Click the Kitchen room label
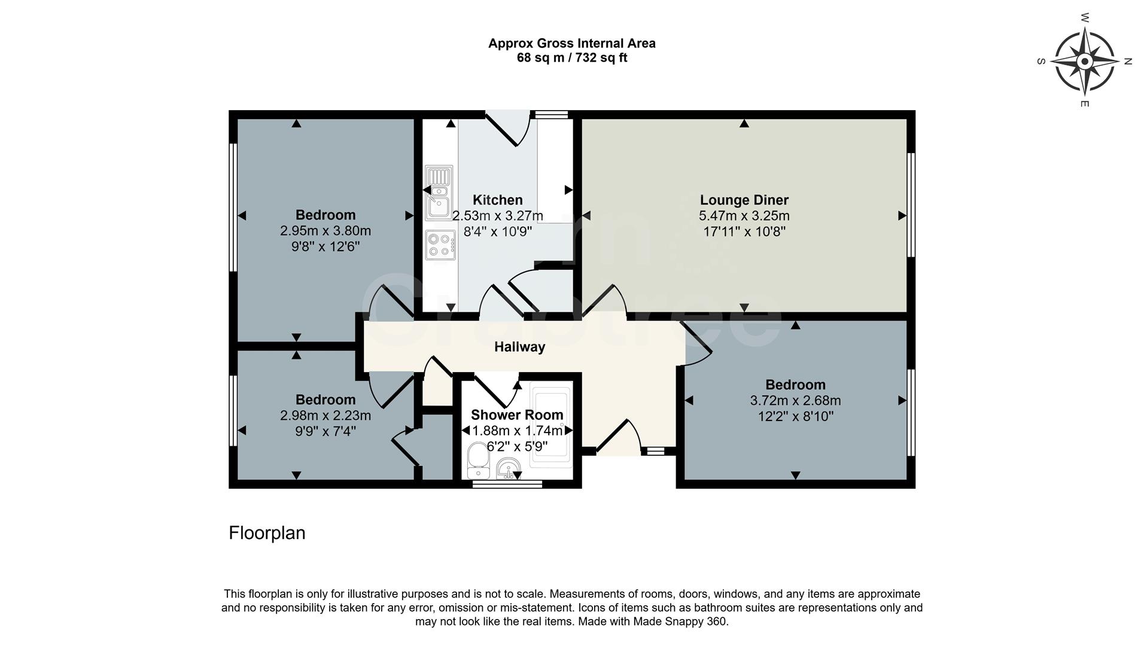tap(497, 200)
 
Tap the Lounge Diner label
tap(744, 200)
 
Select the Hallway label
tap(519, 347)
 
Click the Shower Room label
tap(517, 415)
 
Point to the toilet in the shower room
tap(478, 460)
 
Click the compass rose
tap(1084, 62)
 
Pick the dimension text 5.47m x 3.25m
tap(744, 216)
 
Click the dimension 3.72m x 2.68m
tap(795, 401)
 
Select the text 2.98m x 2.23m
tap(325, 415)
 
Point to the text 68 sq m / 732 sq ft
tap(571, 58)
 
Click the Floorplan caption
tap(267, 533)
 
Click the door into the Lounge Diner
tap(604, 300)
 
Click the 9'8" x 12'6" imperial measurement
tap(325, 246)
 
